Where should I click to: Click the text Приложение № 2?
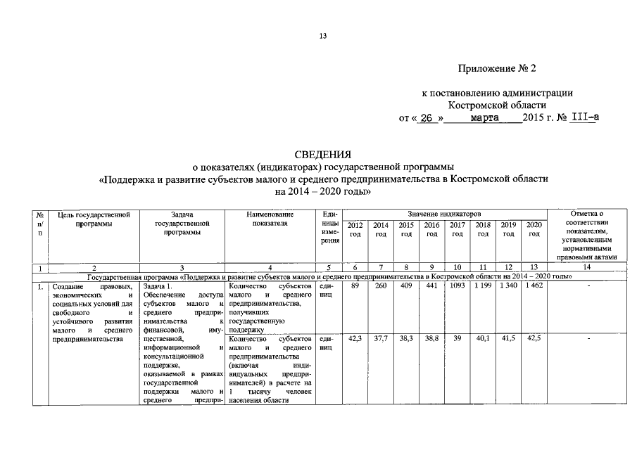pos(497,69)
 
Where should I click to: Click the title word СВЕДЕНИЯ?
pos(322,154)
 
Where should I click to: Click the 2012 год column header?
pos(355,229)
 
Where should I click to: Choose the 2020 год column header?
pos(534,229)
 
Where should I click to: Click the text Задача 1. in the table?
pos(157,286)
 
